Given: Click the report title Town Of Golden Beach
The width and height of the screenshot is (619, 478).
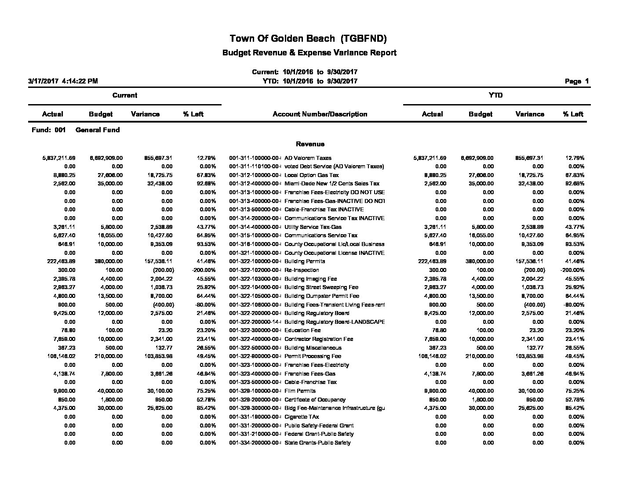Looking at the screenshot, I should [x=308, y=39].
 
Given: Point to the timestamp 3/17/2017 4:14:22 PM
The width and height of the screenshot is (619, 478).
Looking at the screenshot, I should [x=63, y=81].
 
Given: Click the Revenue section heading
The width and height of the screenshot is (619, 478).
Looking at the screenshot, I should [x=310, y=144].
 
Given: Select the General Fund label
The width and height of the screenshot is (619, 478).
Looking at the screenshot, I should [x=98, y=130].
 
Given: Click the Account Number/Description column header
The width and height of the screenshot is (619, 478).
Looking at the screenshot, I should [x=320, y=114].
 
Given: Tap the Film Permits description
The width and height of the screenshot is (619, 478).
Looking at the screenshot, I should [x=300, y=391].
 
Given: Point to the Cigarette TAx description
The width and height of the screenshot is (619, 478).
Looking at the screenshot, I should [x=302, y=417].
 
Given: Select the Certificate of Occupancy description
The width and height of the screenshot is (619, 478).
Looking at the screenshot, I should [x=315, y=400].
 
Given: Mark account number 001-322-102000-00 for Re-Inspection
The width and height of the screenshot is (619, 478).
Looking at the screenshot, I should [x=255, y=270].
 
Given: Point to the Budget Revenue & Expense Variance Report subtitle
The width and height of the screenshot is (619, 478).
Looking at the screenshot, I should [x=309, y=53].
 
